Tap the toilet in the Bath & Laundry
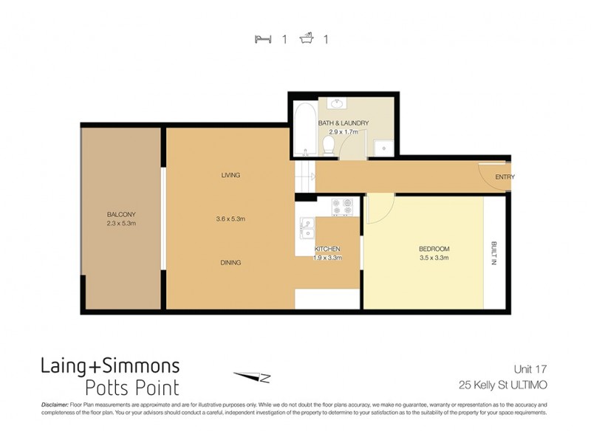click(329, 145)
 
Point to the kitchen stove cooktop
click(342, 207)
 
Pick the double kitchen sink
click(305, 228)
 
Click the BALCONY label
click(121, 215)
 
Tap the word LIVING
click(230, 175)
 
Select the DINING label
click(230, 262)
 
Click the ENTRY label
click(505, 177)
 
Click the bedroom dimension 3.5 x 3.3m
click(434, 258)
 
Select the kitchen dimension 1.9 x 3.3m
click(327, 258)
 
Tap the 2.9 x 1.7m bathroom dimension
click(343, 131)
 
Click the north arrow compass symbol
click(253, 377)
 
